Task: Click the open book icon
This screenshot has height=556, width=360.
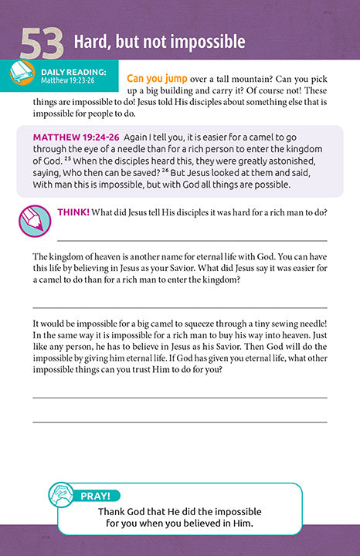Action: [21, 76]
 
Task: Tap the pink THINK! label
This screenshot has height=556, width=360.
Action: [73, 213]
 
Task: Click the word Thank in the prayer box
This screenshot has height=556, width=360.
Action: [115, 512]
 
